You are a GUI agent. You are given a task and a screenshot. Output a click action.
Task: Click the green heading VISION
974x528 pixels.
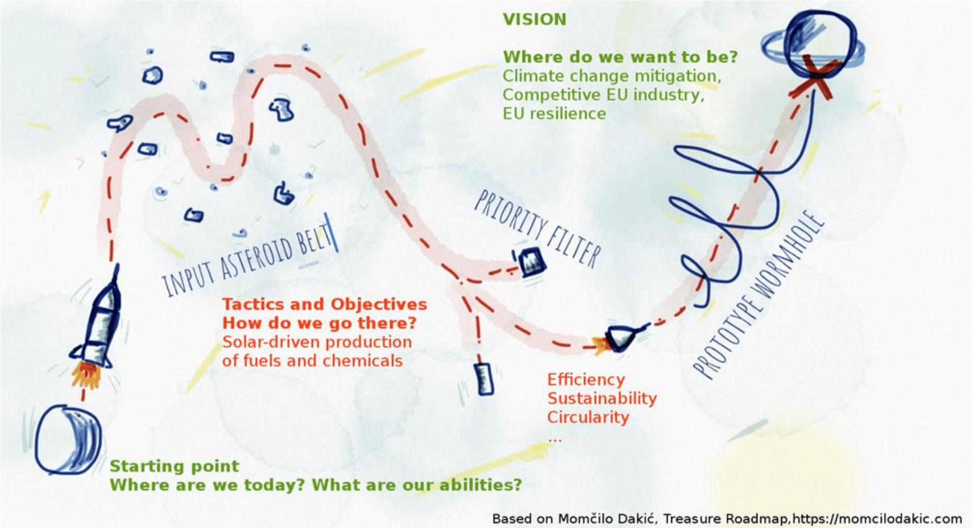coord(534,19)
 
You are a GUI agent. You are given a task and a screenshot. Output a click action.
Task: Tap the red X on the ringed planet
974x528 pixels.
coord(812,78)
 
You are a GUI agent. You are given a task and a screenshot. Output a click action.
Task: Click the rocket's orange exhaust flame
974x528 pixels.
coord(85,374)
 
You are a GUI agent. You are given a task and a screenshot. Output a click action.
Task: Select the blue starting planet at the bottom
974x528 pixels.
coord(67,439)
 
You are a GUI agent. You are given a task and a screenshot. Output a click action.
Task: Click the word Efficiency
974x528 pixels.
coord(586,380)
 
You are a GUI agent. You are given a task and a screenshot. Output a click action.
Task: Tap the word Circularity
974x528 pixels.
coord(588,417)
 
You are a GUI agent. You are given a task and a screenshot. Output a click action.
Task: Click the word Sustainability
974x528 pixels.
coord(602,398)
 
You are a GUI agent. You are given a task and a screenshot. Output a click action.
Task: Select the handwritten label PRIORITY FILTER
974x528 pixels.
coord(537,229)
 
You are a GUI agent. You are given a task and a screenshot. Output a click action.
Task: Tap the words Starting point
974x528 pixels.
coord(175,466)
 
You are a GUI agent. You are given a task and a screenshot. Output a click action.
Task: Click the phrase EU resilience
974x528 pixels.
coord(554,113)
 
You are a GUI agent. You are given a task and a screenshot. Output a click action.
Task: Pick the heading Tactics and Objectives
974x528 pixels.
coord(325,304)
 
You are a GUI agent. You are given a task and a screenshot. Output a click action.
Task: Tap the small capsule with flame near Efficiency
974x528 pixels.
coord(619,339)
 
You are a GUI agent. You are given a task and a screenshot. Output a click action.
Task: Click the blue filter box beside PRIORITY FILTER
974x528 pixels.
coord(529,262)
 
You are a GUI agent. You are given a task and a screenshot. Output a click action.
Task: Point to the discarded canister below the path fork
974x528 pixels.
coord(484,379)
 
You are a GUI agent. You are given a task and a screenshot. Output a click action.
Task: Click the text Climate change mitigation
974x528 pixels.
coord(612,76)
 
